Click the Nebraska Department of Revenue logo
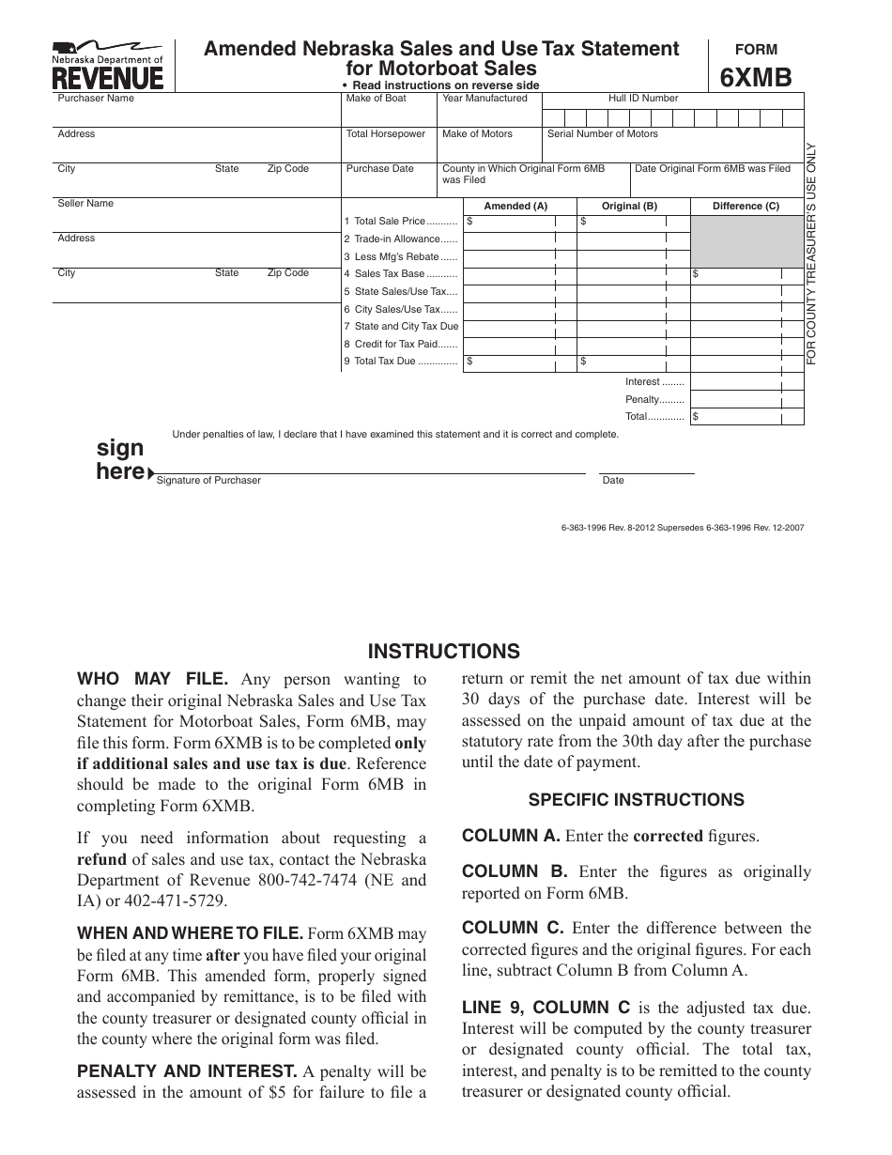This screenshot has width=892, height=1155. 107,65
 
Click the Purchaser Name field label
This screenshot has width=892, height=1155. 96,99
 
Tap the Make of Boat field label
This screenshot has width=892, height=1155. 377,99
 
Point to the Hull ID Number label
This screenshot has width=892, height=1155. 643,99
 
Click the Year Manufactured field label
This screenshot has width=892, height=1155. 484,99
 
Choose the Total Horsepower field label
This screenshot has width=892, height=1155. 386,134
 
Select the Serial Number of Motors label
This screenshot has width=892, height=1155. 603,134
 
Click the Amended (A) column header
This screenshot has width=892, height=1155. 515,207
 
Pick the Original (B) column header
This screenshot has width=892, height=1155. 629,207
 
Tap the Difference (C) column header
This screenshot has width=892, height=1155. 746,207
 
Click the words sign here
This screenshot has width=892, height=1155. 121,460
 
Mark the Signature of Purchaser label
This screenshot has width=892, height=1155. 208,481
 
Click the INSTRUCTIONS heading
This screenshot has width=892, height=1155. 443,652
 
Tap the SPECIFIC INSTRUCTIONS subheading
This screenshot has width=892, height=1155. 636,800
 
